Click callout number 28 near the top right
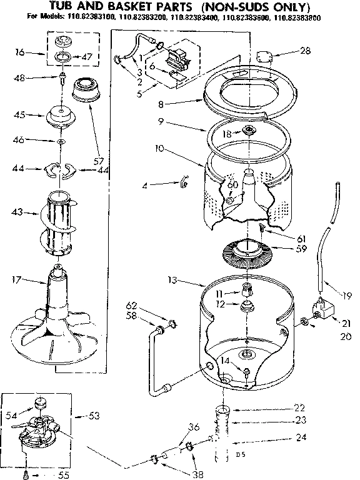[305, 51]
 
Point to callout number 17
[17, 279]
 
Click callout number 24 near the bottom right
[301, 437]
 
